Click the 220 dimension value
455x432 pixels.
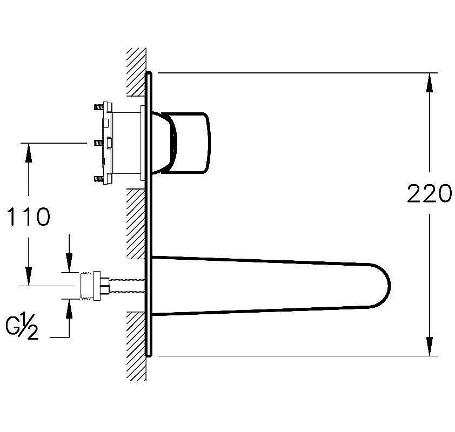pyautogui.click(x=430, y=193)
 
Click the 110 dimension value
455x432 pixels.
pyautogui.click(x=29, y=217)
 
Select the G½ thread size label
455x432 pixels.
pyautogui.click(x=22, y=328)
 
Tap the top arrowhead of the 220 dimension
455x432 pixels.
pyautogui.click(x=430, y=83)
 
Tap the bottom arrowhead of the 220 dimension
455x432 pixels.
pyautogui.click(x=430, y=346)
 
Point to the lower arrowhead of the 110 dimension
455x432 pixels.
pyautogui.click(x=29, y=276)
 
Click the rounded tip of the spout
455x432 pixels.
pyautogui.click(x=384, y=286)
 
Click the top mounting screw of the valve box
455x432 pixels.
pyautogui.click(x=99, y=107)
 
